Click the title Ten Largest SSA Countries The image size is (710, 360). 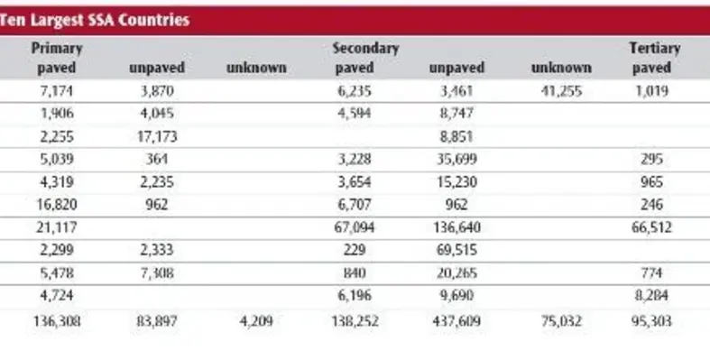(x=95, y=21)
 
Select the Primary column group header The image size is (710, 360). (x=56, y=48)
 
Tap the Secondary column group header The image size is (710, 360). (x=364, y=48)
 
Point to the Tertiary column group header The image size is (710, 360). (x=653, y=48)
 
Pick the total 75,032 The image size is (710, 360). (x=559, y=318)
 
